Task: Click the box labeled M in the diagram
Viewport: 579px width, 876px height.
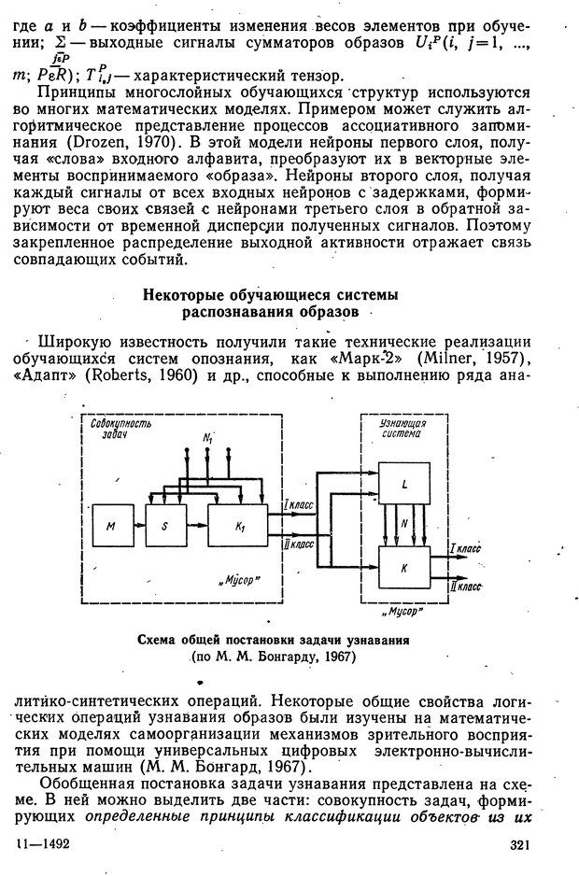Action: (111, 527)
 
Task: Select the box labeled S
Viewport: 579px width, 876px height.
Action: (163, 527)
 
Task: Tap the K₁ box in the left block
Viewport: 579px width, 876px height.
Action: (238, 527)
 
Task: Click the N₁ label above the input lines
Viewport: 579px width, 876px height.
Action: (207, 438)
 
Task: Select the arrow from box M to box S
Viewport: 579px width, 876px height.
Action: (135, 527)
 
